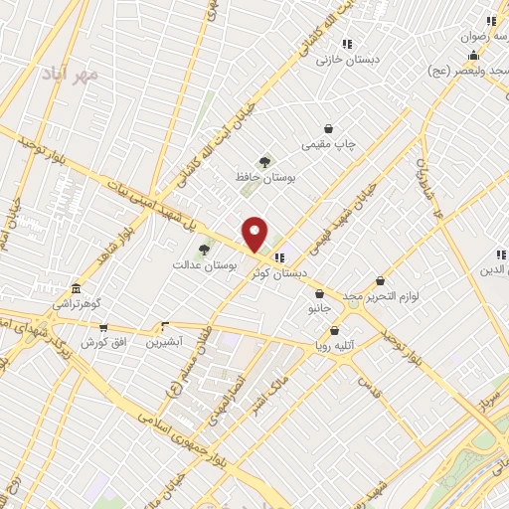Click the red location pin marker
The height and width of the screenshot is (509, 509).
point(255,234)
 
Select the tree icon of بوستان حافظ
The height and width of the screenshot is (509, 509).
point(264,162)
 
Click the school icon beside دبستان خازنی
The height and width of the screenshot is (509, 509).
point(346,44)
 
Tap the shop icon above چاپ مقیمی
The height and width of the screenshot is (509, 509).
point(329,128)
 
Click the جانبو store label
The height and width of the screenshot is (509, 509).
point(318,308)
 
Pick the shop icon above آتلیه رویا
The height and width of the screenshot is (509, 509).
point(334,330)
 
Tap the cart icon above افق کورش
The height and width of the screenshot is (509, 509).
point(102,327)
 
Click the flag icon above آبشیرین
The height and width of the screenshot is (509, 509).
point(165,326)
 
